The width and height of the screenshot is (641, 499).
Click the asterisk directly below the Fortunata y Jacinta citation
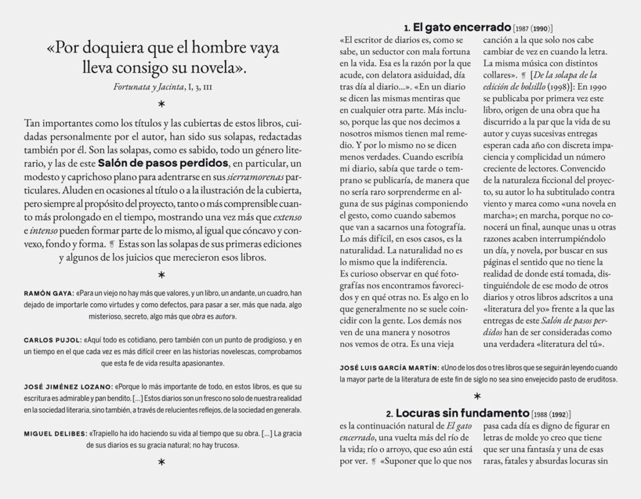[x=161, y=103]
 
